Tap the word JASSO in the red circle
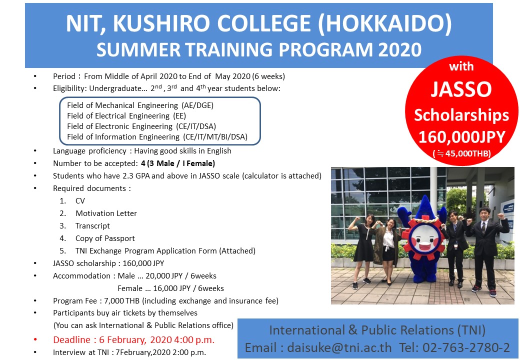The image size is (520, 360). [x=461, y=89]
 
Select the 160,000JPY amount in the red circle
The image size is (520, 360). [x=462, y=136]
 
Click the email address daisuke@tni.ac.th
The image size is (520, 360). [x=339, y=347]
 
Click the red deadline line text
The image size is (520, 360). [x=133, y=340]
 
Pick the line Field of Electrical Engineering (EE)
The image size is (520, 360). [x=126, y=115]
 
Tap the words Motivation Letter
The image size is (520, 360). [x=106, y=213]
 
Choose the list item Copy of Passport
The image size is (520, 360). [x=105, y=238]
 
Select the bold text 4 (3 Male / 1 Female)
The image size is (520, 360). [x=178, y=163]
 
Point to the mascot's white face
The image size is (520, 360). [x=424, y=237]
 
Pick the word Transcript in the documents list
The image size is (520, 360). [x=92, y=226]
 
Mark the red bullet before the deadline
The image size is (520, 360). [x=35, y=339]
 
